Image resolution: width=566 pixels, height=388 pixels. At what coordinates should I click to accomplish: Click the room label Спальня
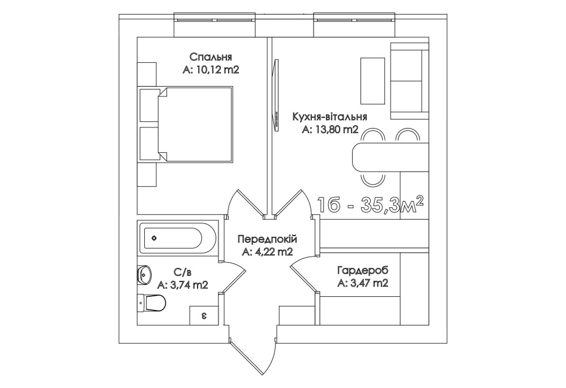tap(211, 57)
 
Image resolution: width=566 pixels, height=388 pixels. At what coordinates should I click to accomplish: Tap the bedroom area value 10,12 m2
tap(217, 70)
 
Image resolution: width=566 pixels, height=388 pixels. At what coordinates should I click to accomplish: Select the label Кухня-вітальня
tap(330, 117)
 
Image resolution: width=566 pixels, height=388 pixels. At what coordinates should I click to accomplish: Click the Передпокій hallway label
tap(267, 239)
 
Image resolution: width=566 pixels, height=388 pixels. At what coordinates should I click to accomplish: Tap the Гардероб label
tap(363, 271)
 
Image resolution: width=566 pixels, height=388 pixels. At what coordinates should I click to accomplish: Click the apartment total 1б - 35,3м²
tap(370, 206)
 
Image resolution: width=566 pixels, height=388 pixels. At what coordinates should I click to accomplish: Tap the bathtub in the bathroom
tap(178, 238)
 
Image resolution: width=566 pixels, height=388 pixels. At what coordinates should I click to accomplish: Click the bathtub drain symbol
tap(154, 238)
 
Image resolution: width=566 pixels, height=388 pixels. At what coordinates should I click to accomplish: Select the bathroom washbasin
tap(144, 274)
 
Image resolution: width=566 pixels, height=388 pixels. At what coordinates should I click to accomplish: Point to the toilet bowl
tap(152, 302)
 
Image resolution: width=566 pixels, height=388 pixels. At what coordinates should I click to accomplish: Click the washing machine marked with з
tap(204, 315)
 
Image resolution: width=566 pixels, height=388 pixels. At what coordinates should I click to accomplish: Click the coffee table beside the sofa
tap(372, 80)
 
